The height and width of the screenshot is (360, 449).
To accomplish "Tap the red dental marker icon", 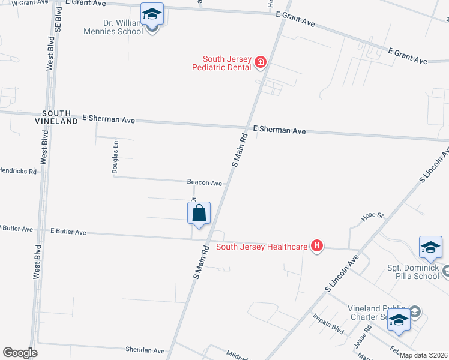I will coord(261,61).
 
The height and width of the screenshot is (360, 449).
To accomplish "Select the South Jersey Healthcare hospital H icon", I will coord(316,246).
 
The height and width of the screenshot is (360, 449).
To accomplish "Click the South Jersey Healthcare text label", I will coord(262,246).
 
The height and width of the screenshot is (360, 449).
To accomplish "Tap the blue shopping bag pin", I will coord(199,214).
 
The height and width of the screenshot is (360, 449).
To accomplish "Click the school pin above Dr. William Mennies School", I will coord(152,14).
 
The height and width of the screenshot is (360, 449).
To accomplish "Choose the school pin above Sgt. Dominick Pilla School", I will coord(430,248).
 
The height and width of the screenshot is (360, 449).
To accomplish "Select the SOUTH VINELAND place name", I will coord(60,117).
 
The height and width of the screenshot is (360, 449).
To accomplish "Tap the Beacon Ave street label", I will coord(205,182).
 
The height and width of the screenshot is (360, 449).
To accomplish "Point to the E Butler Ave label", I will coord(68,231).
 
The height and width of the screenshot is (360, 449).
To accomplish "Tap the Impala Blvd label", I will coord(328,323).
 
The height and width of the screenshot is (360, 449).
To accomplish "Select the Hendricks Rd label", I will coord(18,171).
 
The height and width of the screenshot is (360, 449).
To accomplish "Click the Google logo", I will coord(20,353).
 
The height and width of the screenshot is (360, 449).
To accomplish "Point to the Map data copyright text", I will coord(424,355).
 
